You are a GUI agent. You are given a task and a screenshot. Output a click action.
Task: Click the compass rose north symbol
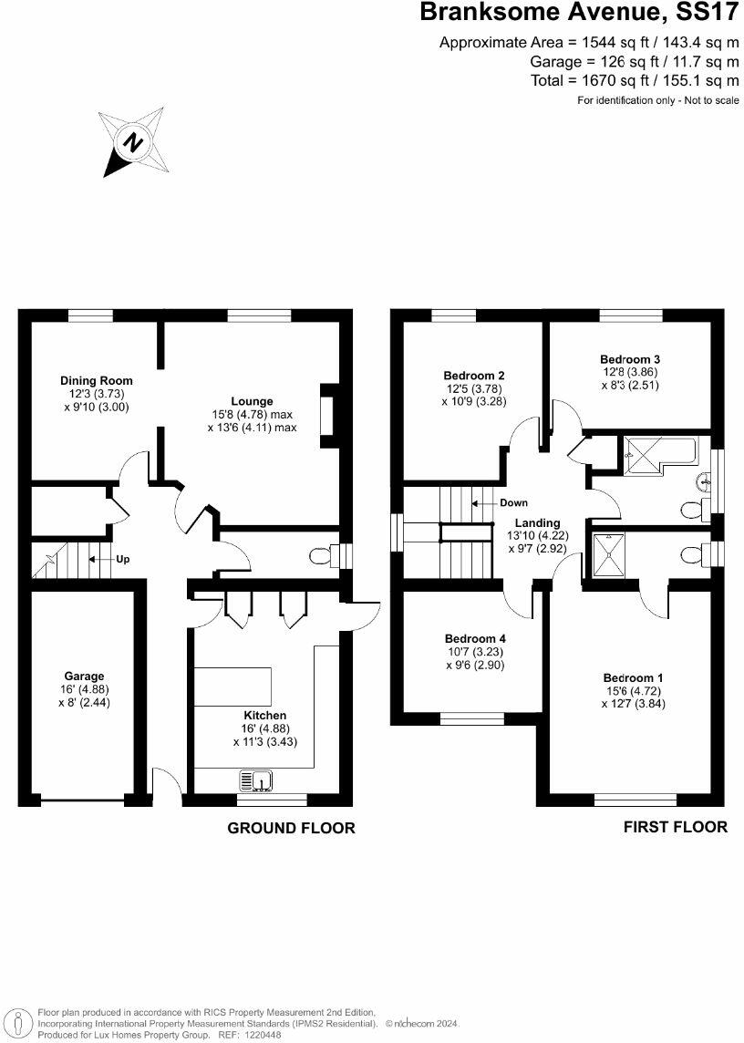click(x=134, y=143)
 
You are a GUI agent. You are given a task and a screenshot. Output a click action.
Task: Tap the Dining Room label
click(x=97, y=380)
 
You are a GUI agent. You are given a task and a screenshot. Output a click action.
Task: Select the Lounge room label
click(x=252, y=400)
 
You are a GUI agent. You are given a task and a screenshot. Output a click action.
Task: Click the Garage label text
click(x=84, y=676)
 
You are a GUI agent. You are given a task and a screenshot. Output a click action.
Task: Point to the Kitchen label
click(x=264, y=716)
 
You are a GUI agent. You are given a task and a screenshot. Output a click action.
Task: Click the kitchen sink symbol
click(x=257, y=780)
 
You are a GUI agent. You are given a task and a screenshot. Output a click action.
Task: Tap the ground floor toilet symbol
click(x=322, y=556)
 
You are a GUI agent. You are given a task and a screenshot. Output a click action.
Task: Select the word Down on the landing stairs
click(x=513, y=502)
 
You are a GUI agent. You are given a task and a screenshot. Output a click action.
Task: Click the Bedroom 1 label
click(x=633, y=677)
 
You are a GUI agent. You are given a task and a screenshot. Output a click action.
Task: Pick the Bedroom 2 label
click(x=474, y=375)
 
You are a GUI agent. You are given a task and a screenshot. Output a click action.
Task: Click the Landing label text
click(x=537, y=522)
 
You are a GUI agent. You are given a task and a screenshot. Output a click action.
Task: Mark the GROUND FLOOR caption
click(x=291, y=828)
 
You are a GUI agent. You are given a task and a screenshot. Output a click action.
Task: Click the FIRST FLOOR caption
click(x=675, y=827)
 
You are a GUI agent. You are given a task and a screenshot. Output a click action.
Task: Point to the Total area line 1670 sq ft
click(x=635, y=80)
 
